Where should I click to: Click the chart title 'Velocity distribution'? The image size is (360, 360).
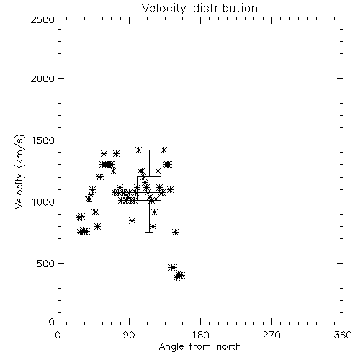pos(199,8)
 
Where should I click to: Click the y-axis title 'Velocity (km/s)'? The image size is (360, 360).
pos(19,171)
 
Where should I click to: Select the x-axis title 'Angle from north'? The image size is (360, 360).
pos(199,347)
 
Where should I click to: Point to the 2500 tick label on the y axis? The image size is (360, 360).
pos(42,19)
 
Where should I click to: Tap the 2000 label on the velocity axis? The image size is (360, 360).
pos(42,78)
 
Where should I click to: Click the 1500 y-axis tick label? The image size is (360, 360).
pos(43,140)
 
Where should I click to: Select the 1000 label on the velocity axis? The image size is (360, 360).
pos(43,202)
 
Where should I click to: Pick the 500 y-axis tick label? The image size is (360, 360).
pos(46,264)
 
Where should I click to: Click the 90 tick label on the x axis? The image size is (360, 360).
pos(129,335)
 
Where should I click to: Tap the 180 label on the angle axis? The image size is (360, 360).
pos(200,335)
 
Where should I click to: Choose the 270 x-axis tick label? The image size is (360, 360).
pos(271,335)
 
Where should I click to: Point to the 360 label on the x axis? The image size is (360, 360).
pos(343,335)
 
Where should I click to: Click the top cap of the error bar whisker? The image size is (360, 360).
pos(149,150)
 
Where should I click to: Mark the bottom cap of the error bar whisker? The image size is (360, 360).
pos(149,232)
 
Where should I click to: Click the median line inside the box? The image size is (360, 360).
pos(149,192)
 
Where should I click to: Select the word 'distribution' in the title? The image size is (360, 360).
pos(225,8)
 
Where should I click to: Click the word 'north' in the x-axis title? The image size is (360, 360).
pos(229,347)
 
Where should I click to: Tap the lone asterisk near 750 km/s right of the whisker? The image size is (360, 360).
pos(176,232)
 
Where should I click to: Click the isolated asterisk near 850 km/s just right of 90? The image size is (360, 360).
pos(132,221)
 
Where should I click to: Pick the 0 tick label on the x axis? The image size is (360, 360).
pos(58,335)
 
